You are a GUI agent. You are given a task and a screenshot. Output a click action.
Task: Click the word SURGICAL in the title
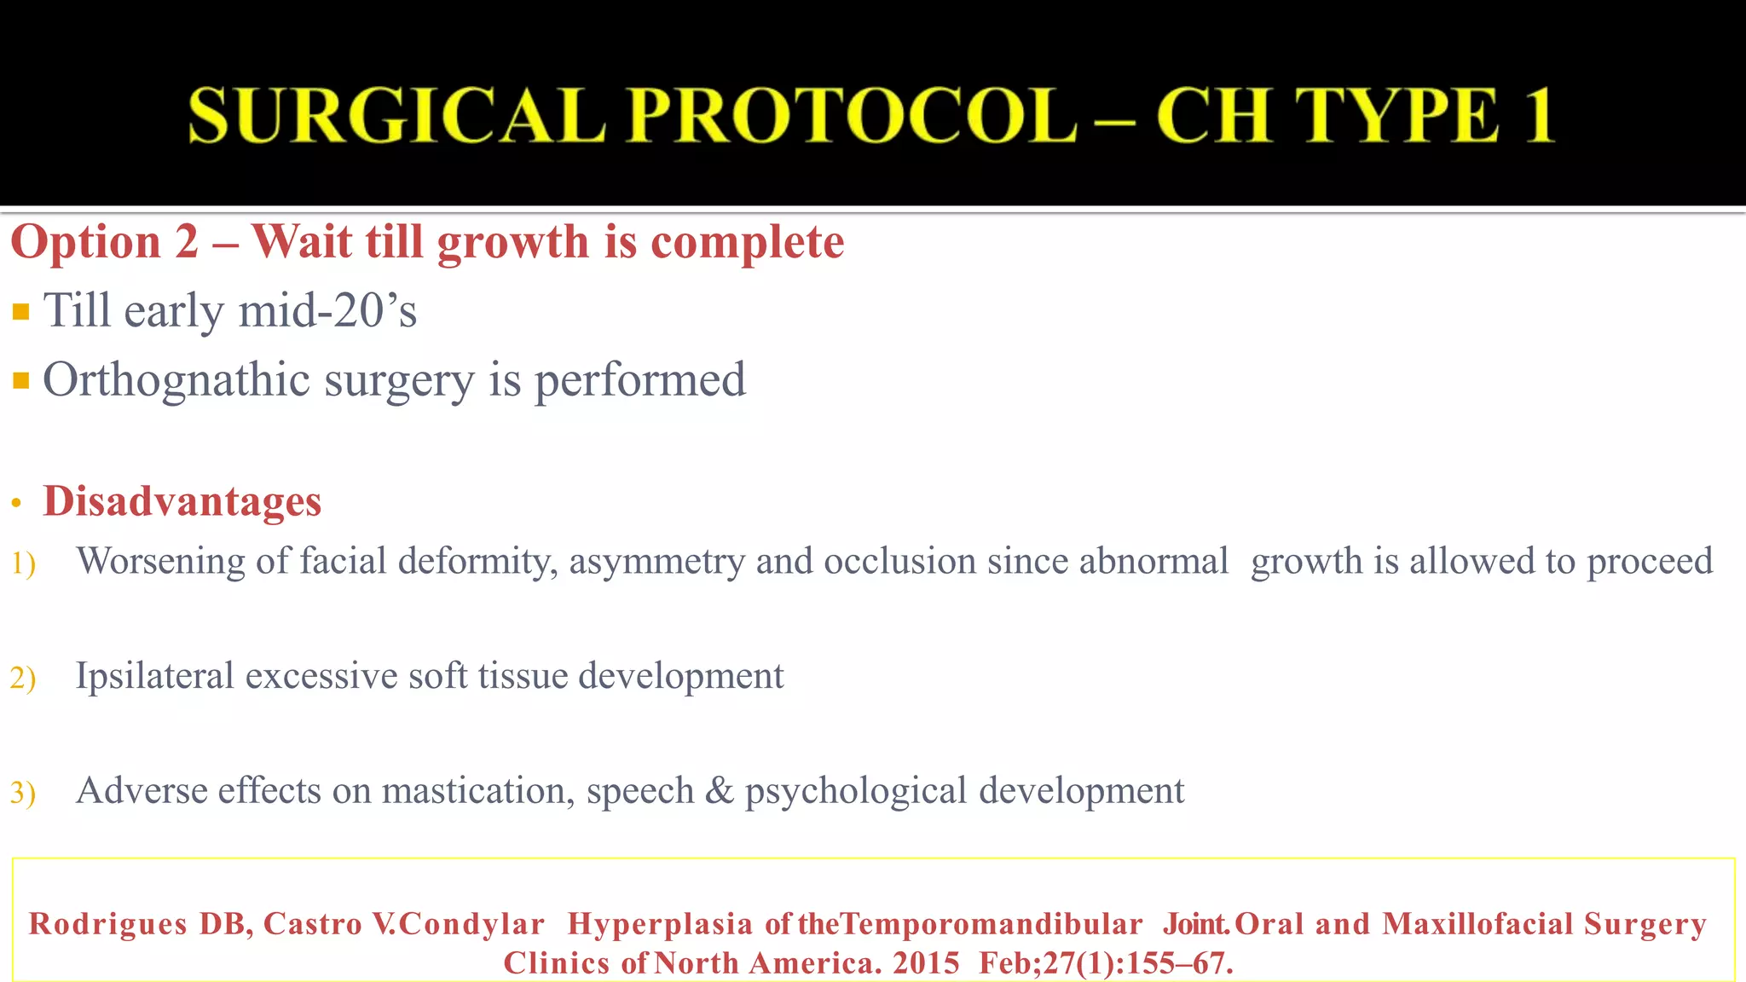click(x=396, y=116)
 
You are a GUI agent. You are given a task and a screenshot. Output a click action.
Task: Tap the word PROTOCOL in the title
click(x=855, y=116)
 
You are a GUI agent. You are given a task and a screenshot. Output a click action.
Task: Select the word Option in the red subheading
click(x=86, y=242)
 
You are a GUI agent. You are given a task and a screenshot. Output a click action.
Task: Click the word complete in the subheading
click(x=748, y=242)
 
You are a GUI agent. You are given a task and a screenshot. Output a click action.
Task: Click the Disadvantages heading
click(x=182, y=501)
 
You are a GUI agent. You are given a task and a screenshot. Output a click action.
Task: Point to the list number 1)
click(x=23, y=563)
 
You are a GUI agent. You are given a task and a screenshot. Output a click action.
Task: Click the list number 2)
click(x=23, y=679)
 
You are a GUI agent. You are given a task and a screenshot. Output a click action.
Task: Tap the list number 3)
click(x=23, y=793)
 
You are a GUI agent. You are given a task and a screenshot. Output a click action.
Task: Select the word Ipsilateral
click(x=154, y=676)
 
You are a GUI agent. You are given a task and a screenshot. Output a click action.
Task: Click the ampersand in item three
click(x=720, y=790)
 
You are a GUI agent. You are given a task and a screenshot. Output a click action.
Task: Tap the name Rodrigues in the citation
click(x=108, y=924)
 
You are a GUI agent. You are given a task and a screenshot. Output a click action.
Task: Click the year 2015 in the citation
click(x=926, y=963)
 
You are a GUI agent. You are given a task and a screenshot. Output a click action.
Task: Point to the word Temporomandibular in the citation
click(x=992, y=924)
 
